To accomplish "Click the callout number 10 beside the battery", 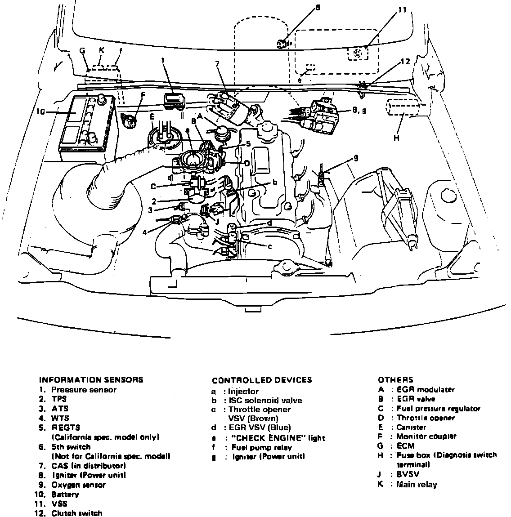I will click(x=40, y=112).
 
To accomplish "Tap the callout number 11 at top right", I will click(x=402, y=10).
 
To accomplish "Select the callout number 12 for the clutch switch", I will click(x=405, y=62).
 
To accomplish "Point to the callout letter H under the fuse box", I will click(x=396, y=138).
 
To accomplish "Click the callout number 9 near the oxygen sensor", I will click(x=355, y=158).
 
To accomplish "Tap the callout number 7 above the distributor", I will click(x=217, y=64).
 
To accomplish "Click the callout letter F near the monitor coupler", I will click(x=143, y=94).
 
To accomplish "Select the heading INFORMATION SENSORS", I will click(x=91, y=379).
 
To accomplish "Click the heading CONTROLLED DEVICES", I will click(x=262, y=380).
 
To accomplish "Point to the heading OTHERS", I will click(x=395, y=380).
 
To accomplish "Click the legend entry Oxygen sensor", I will click(x=78, y=485).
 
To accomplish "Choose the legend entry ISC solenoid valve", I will click(x=265, y=400).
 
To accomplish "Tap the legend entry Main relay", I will click(x=417, y=484).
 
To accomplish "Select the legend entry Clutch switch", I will click(x=77, y=513).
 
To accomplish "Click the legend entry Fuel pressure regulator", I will click(x=439, y=409).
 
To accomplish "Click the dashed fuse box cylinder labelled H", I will click(x=401, y=110).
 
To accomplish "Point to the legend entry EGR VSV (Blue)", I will click(x=260, y=428).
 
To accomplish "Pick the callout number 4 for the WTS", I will click(x=144, y=232).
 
